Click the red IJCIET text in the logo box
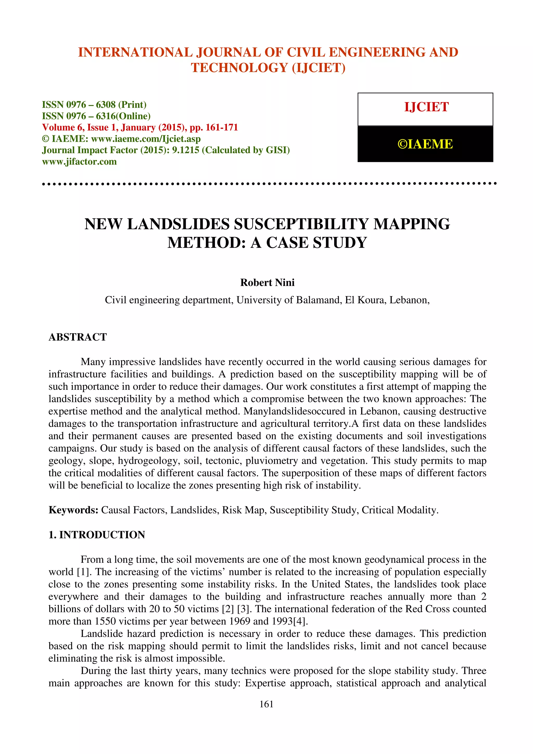pos(426,107)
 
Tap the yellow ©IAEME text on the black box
pos(425,144)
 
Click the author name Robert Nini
pos(267,282)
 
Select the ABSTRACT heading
pos(78,337)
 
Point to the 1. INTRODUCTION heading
pos(97,535)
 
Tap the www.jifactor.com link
pos(79,162)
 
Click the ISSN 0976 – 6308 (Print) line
pos(94,105)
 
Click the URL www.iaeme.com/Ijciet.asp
pos(145,139)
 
